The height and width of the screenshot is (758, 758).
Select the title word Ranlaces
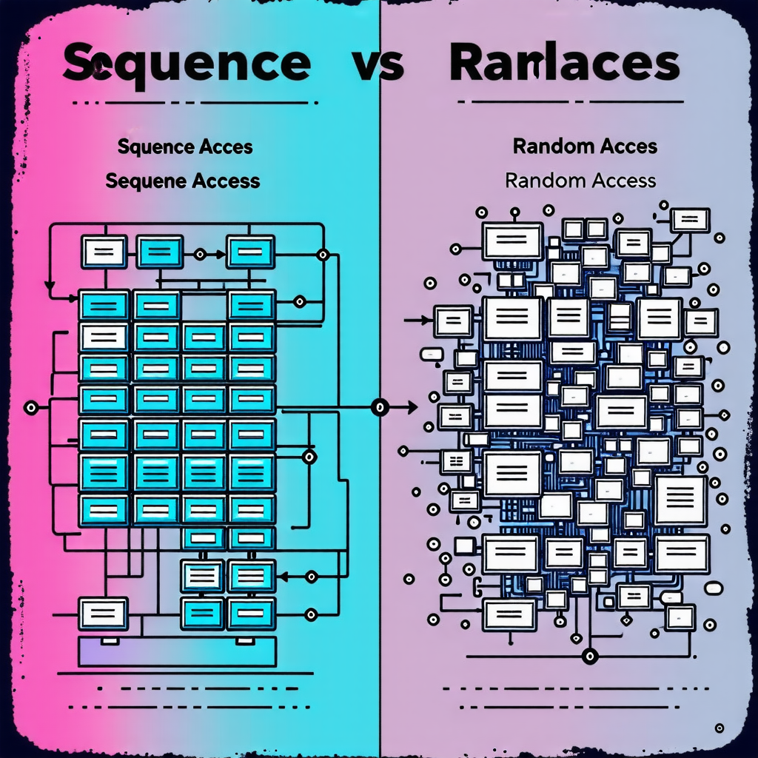564,64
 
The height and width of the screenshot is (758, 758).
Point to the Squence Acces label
185,147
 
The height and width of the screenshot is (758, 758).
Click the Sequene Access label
183,180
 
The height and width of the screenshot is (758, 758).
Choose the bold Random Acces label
585,146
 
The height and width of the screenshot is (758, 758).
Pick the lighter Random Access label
580,180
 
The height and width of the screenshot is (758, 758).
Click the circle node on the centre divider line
380,406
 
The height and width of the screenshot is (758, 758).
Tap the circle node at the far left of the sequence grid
31,406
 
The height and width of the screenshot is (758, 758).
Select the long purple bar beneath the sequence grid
178,651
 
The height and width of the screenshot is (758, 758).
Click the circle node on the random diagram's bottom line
589,654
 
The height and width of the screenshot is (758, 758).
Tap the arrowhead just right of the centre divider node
412,406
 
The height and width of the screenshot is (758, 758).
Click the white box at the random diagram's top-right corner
690,220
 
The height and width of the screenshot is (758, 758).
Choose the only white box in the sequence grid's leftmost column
104,337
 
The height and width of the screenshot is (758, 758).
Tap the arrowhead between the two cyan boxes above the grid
218,254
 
